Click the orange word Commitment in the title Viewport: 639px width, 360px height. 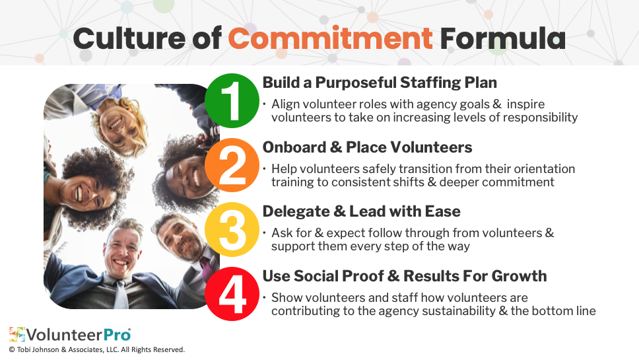[330, 38]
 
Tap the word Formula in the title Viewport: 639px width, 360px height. [502, 38]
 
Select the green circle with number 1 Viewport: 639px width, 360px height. [232, 100]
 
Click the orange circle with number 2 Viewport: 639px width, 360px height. [232, 165]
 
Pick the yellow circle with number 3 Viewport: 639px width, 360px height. [232, 229]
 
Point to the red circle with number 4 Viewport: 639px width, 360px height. [232, 293]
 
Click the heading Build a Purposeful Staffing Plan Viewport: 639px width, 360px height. [380, 83]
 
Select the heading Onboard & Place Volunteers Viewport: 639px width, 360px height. [367, 147]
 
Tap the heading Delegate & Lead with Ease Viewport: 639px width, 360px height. [362, 211]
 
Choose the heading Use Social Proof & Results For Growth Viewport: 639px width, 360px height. [404, 276]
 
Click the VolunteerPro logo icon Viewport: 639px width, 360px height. [17, 334]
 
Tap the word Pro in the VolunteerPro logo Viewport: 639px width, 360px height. [117, 335]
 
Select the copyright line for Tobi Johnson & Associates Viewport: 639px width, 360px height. [97, 350]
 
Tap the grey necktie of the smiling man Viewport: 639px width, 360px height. [121, 295]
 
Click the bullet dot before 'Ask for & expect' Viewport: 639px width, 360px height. [265, 233]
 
